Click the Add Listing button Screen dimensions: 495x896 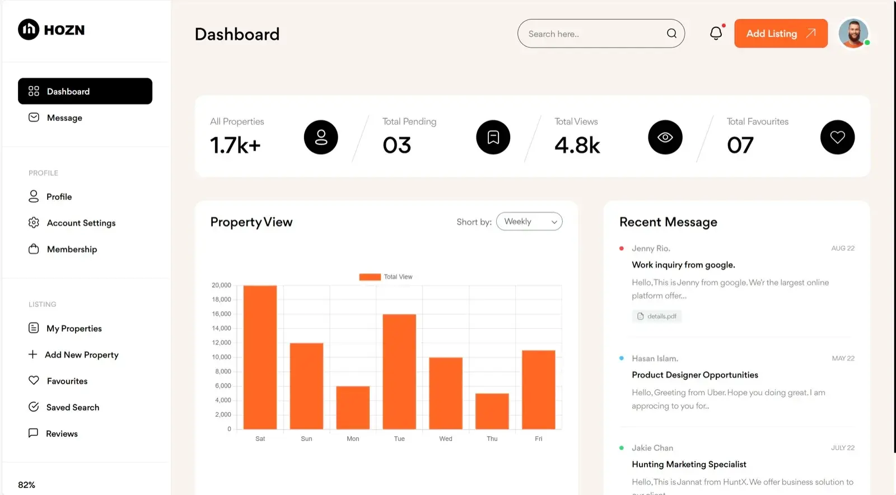pos(780,34)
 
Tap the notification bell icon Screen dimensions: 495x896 pos(716,34)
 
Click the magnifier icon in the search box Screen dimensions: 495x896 pos(671,34)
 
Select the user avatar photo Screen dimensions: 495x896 pos(853,34)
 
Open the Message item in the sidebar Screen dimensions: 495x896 pos(64,118)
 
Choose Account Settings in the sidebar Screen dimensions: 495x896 pos(81,223)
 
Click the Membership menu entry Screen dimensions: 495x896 pos(72,249)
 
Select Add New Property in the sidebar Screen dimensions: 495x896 pos(81,355)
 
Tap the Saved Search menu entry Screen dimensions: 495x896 pos(72,408)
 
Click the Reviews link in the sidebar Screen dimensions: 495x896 pos(62,434)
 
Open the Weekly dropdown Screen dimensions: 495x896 pos(529,222)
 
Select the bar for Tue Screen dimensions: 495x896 pos(399,372)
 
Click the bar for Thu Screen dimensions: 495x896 pos(492,411)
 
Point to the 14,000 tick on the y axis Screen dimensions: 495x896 pos(221,328)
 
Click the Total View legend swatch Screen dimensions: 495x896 pos(370,277)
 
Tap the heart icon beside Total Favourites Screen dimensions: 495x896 pos(837,137)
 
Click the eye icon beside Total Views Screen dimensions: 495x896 pos(665,137)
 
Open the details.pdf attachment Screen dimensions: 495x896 pos(657,316)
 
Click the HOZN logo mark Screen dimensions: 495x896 pos(29,30)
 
